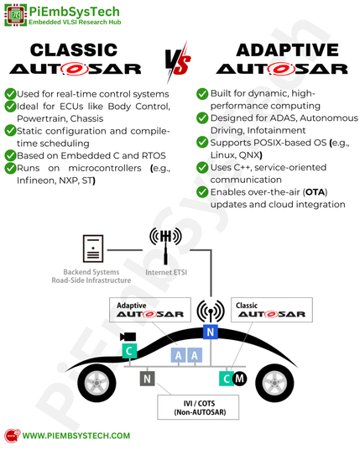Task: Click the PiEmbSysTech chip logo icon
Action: pyautogui.click(x=16, y=15)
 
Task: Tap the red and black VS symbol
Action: pyautogui.click(x=178, y=62)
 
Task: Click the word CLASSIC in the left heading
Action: pyautogui.click(x=74, y=50)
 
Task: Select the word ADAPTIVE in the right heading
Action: pyautogui.click(x=288, y=50)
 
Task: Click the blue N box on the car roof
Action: pyautogui.click(x=211, y=332)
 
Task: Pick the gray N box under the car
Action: pyautogui.click(x=147, y=379)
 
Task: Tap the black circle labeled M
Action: pyautogui.click(x=239, y=379)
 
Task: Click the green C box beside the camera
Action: pyautogui.click(x=129, y=351)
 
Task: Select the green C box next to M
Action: pyautogui.click(x=227, y=379)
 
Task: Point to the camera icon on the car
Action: pyautogui.click(x=128, y=337)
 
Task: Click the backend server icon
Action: pyautogui.click(x=93, y=249)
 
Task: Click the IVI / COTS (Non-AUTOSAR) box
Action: pyautogui.click(x=198, y=407)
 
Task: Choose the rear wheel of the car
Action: pyautogui.click(x=97, y=383)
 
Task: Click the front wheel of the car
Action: pyautogui.click(x=274, y=383)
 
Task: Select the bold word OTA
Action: pyautogui.click(x=316, y=192)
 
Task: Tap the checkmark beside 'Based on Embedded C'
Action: pyautogui.click(x=10, y=155)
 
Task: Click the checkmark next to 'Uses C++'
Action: pyautogui.click(x=202, y=167)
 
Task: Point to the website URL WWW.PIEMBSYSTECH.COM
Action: pyautogui.click(x=76, y=436)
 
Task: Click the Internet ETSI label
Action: pyautogui.click(x=166, y=272)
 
